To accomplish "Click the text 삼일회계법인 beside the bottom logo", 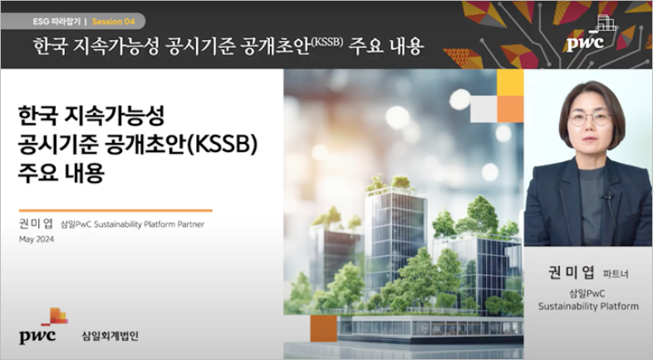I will pyautogui.click(x=110, y=336).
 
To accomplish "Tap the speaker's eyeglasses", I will pyautogui.click(x=590, y=118).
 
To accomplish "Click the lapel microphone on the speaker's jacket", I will pyautogui.click(x=608, y=198).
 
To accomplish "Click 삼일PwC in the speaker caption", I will pyautogui.click(x=587, y=293).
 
